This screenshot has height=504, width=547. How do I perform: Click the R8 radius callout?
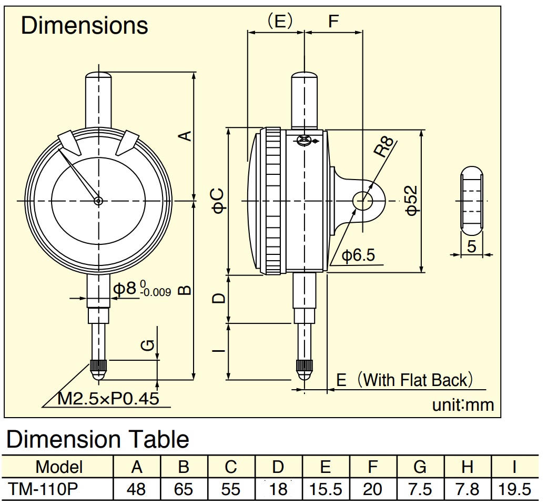[384, 146]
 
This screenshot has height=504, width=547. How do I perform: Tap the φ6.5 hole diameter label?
[358, 255]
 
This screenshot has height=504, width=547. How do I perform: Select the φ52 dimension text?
[412, 200]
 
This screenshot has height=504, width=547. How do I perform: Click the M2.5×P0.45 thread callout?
[108, 398]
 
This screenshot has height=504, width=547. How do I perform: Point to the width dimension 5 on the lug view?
[472, 246]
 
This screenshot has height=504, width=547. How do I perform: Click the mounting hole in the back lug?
[363, 201]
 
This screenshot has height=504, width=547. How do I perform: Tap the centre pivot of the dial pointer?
[98, 201]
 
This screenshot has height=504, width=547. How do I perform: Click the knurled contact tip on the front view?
[98, 365]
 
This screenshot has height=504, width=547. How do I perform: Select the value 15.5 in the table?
[326, 489]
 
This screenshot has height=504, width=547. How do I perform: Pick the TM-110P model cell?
[43, 489]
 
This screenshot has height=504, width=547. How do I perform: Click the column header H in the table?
[467, 467]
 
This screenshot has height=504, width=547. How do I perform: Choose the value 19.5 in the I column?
[514, 489]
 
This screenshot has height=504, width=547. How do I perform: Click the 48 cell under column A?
[136, 489]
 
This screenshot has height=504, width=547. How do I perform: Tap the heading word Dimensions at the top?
[85, 25]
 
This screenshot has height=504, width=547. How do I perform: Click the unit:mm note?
[463, 405]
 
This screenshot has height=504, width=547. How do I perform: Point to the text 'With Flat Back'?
[415, 380]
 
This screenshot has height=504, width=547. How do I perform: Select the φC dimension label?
[219, 201]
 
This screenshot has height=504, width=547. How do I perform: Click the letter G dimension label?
[148, 345]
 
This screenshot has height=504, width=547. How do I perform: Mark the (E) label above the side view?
[279, 21]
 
